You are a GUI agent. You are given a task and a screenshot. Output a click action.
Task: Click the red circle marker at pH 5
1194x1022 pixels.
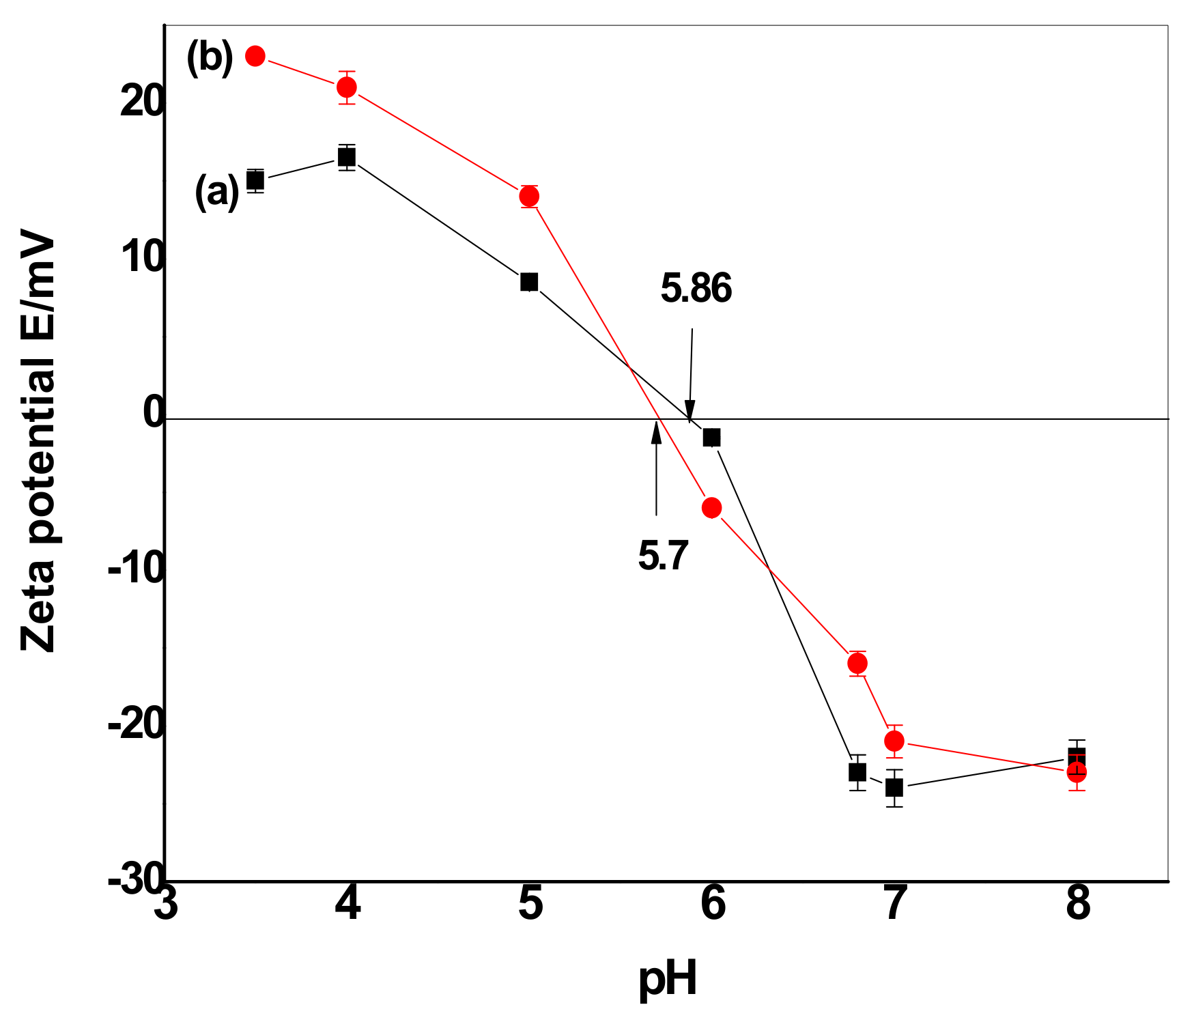click(529, 196)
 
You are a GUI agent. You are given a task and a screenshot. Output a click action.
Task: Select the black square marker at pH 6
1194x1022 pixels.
click(711, 437)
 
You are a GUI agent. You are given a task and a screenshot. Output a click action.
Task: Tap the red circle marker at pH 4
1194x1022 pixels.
click(347, 87)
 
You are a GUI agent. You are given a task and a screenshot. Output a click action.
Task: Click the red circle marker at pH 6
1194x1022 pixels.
click(711, 507)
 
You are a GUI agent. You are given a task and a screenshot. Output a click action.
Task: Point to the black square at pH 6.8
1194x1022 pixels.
click(857, 772)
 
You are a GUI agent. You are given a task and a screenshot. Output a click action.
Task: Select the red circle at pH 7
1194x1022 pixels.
click(894, 741)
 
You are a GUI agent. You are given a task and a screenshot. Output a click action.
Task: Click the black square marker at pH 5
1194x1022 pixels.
click(529, 281)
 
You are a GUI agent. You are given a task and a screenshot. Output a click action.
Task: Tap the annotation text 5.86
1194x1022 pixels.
click(696, 288)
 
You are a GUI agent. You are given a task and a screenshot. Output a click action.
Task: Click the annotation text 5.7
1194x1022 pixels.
click(663, 555)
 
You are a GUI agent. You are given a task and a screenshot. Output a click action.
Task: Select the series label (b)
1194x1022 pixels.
click(210, 58)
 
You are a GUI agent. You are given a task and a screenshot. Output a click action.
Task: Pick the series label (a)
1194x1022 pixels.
click(217, 192)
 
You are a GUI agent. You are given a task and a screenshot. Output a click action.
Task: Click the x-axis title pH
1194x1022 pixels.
click(668, 979)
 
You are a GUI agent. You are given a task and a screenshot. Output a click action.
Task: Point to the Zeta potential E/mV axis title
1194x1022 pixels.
click(38, 444)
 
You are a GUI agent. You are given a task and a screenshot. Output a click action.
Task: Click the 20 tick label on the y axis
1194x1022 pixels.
click(142, 102)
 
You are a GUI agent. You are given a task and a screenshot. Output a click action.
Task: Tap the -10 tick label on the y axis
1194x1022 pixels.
click(136, 568)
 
